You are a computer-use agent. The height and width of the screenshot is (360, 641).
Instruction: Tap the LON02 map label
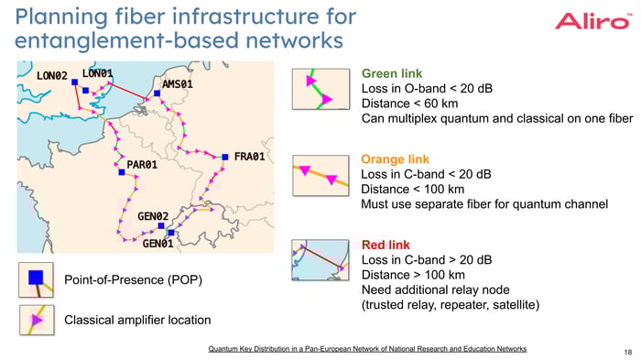52,75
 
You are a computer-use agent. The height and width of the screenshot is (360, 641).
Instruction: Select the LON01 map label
97,73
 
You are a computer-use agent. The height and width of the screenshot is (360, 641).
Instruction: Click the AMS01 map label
178,84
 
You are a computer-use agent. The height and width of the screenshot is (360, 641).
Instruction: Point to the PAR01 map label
142,165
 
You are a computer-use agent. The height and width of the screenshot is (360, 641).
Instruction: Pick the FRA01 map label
249,157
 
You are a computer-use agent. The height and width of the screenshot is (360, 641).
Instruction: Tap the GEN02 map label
153,216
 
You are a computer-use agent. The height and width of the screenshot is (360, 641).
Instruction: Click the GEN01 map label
158,244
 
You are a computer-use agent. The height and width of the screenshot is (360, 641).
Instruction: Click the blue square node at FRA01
225,158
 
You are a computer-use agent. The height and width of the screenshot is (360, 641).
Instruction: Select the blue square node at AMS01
158,93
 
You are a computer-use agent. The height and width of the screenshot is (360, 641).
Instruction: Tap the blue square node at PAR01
121,171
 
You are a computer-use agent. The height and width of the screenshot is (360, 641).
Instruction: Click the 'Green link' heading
392,74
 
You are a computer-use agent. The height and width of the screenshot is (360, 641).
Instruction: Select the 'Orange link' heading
396,159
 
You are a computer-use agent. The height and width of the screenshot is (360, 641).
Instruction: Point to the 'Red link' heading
386,245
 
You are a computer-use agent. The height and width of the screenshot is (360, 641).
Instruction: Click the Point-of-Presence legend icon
35,278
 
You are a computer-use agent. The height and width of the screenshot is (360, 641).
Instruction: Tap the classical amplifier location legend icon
35,320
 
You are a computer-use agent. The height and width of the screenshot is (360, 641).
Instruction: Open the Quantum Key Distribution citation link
367,349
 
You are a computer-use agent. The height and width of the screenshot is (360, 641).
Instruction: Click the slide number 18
625,351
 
